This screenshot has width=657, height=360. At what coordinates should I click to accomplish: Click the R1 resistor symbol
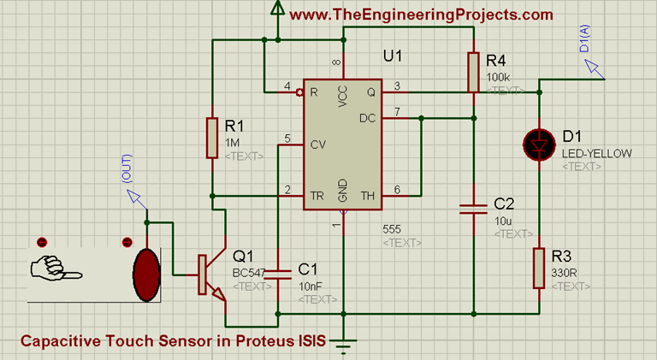coord(213,139)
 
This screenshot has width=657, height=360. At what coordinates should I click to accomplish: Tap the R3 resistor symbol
coord(539,268)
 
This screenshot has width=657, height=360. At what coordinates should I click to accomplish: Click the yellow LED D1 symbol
coord(539,145)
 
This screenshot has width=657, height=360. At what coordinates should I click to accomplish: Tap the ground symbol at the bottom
coord(343,345)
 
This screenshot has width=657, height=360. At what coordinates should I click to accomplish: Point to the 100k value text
coord(498,77)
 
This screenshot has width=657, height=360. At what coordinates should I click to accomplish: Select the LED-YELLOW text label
coord(597,153)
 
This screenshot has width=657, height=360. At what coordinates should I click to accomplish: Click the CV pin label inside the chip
coord(317,144)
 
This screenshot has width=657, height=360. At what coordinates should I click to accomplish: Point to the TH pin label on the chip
coord(368,196)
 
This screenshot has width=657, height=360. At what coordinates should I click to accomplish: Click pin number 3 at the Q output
coord(396,85)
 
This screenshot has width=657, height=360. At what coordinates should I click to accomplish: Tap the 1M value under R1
coord(234,142)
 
